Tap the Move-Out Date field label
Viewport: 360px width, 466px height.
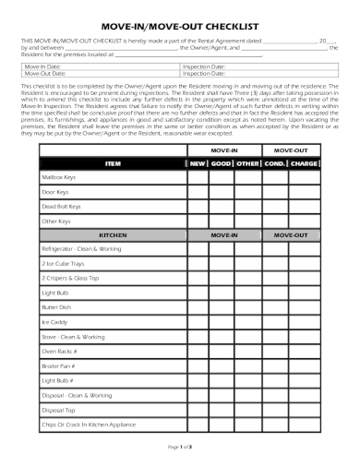click(x=45, y=75)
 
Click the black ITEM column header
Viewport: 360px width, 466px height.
click(x=113, y=162)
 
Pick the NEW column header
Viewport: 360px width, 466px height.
click(x=198, y=162)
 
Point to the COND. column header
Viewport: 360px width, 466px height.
click(x=274, y=162)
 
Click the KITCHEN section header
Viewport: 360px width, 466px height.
click(x=113, y=235)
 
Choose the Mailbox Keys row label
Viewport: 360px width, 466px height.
click(x=58, y=177)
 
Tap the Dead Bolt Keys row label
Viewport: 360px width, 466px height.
click(x=61, y=207)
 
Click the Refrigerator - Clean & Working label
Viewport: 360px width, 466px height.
click(x=81, y=250)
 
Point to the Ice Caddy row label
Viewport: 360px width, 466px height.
click(x=54, y=322)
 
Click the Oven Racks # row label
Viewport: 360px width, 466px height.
click(x=59, y=352)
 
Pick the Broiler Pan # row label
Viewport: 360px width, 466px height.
click(x=59, y=366)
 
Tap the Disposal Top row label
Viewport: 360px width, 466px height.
click(x=58, y=410)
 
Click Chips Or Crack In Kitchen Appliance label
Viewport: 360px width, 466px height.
click(x=89, y=424)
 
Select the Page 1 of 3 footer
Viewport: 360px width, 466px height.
click(x=179, y=447)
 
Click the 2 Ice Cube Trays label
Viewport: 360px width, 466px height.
click(x=62, y=265)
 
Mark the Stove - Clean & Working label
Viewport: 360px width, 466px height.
click(x=73, y=337)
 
